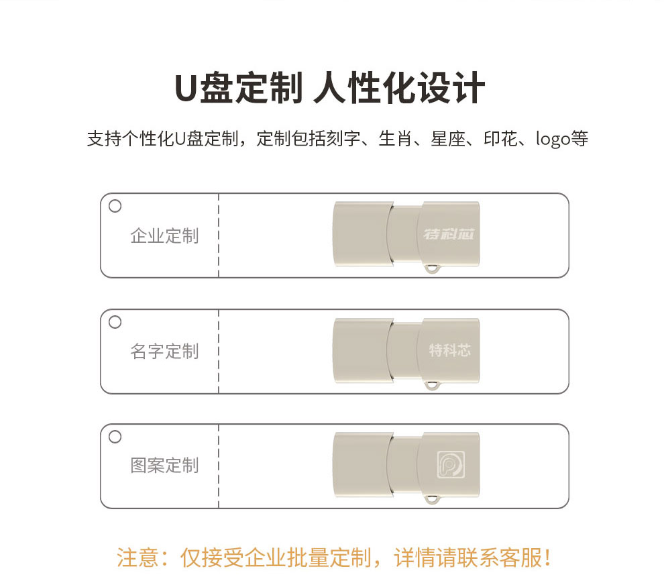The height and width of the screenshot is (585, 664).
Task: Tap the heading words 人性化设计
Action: coord(399,88)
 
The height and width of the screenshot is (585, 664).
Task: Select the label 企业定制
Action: coord(164,236)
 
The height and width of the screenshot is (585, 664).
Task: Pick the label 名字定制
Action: coord(164,351)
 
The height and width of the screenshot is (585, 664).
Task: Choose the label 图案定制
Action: coord(164,465)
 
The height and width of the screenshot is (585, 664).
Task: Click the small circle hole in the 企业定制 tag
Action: coord(115,206)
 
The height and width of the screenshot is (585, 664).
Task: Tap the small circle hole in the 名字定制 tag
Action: coord(115,322)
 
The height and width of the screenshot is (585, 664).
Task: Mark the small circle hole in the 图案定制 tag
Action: coord(115,436)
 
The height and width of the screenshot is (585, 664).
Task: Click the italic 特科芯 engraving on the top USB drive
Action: coord(449,234)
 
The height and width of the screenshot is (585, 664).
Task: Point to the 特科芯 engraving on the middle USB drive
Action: coord(450,350)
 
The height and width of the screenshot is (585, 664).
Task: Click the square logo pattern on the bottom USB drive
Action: coord(451,464)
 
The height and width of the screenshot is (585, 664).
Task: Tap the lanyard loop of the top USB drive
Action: coord(432,268)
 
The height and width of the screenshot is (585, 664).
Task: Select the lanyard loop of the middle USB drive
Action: coord(432,385)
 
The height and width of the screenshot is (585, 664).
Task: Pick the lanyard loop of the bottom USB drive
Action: coord(432,499)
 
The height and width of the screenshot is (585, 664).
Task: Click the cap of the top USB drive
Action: coord(362,234)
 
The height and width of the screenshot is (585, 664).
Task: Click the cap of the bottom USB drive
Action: coord(362,465)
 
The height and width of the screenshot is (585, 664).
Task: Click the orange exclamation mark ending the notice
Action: coord(548,557)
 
